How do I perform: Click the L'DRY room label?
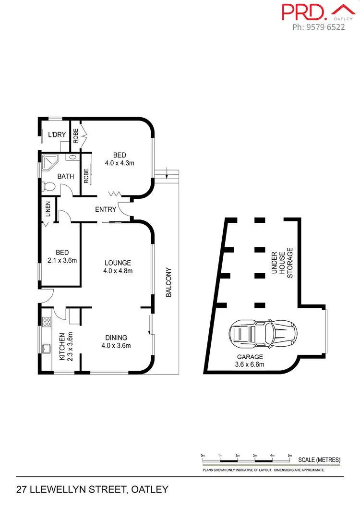pos(57,135)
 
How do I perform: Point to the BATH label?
pos(66,176)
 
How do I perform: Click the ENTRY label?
pos(105,209)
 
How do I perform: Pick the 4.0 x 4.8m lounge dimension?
pos(118,271)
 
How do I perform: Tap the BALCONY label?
pos(168,282)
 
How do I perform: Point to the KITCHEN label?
pos(61,347)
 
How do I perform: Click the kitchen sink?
pos(47,348)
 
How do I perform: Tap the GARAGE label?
pos(250,357)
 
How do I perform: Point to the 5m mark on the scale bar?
pos(289,455)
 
